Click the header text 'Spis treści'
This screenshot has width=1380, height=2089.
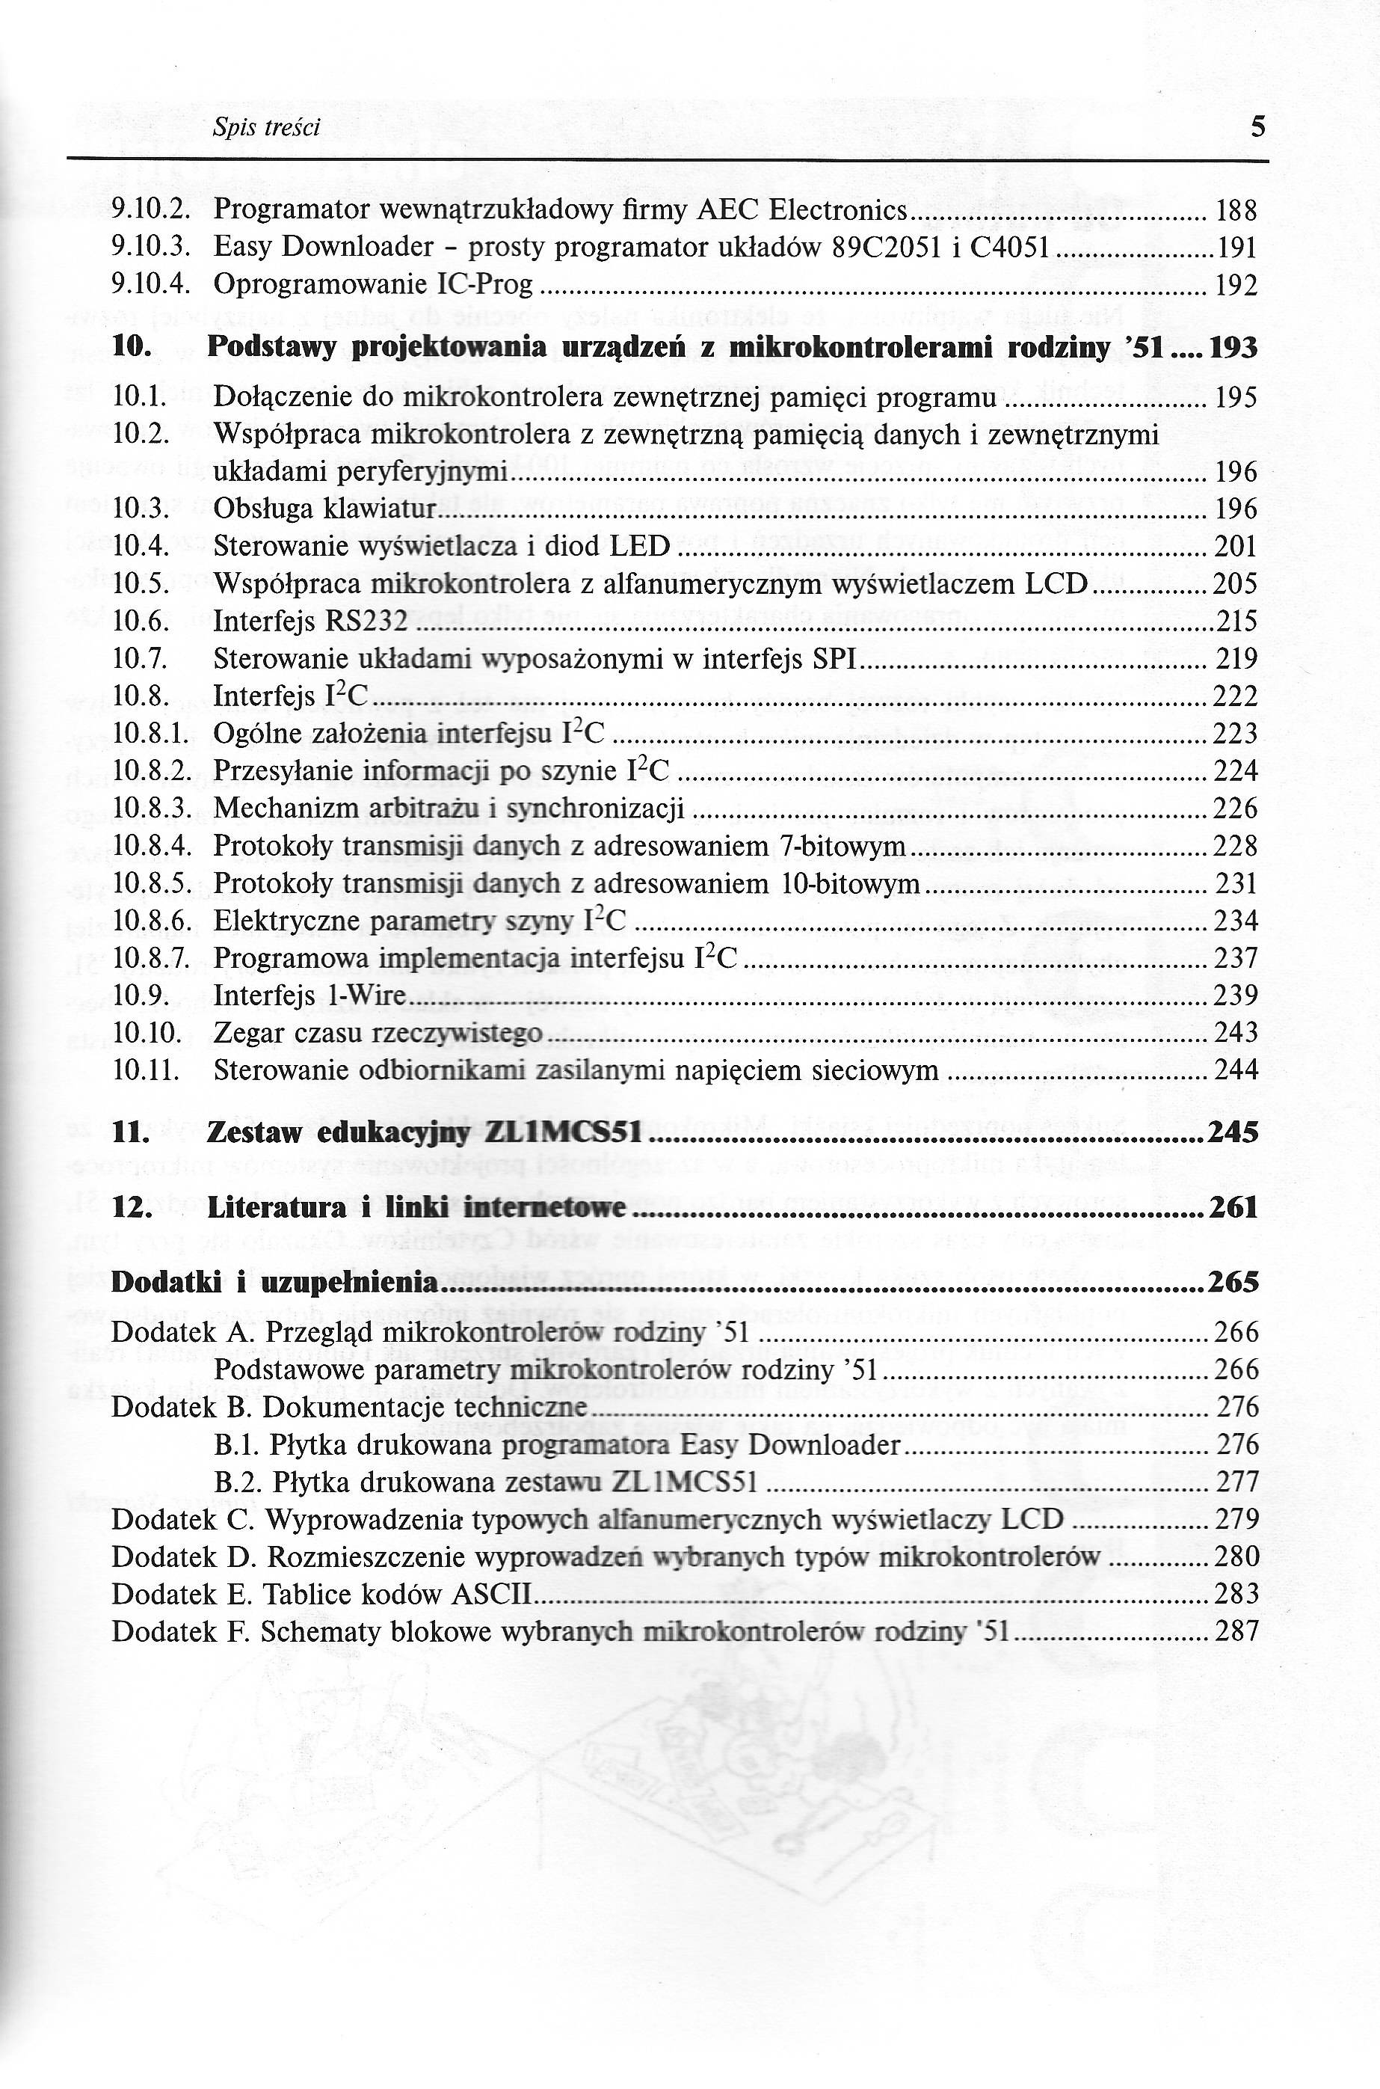[x=266, y=129]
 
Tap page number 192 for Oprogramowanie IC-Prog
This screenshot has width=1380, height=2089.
[x=1236, y=285]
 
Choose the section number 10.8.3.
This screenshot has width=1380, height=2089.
[x=153, y=808]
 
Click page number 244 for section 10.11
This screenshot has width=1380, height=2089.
[x=1236, y=1070]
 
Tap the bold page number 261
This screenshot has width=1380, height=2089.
[x=1234, y=1208]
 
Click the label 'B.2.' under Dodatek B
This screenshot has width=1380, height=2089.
[x=238, y=1483]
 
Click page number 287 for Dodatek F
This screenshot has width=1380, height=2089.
[x=1236, y=1632]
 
